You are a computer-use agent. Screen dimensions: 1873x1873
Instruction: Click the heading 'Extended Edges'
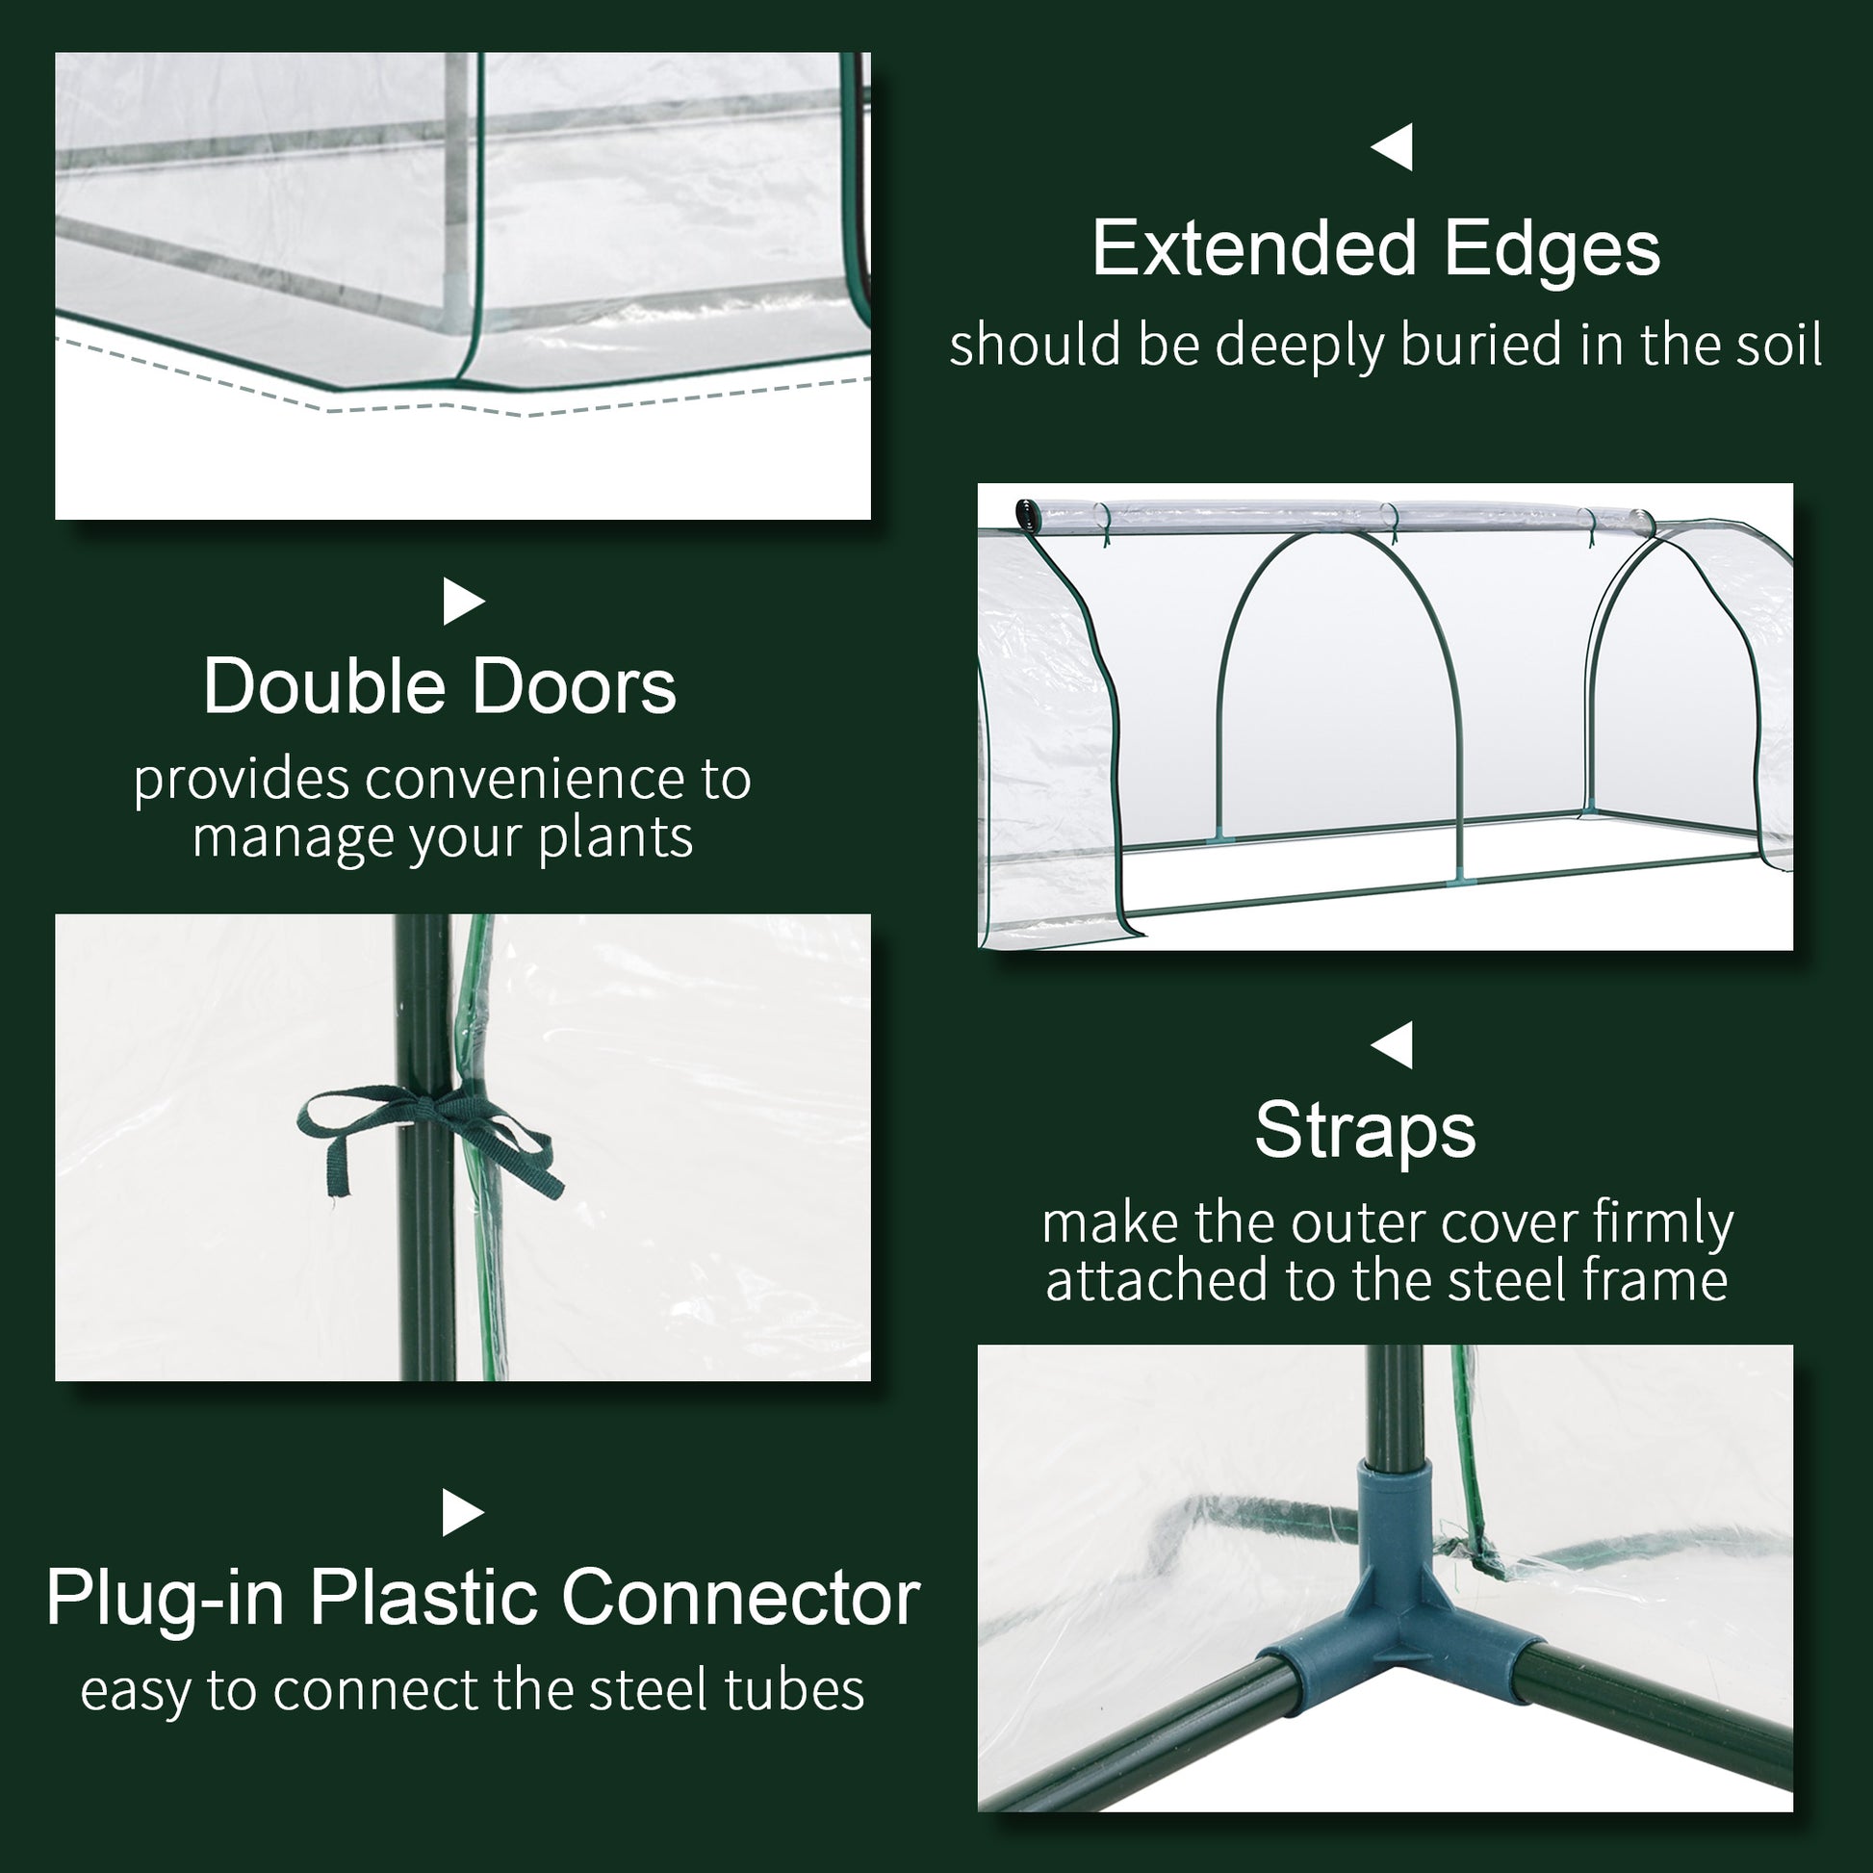point(1375,249)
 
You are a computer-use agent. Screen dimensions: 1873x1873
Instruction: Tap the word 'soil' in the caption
point(1778,345)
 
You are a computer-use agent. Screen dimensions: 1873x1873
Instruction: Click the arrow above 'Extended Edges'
point(1392,147)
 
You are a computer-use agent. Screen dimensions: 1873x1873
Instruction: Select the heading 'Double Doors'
point(439,686)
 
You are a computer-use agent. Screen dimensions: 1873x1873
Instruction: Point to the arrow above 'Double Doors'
point(463,603)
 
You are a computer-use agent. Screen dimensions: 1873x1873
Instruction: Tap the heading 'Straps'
point(1365,1130)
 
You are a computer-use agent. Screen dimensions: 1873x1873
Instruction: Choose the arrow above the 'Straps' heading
point(1392,1045)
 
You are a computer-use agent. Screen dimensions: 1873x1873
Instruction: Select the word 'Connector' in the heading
point(741,1598)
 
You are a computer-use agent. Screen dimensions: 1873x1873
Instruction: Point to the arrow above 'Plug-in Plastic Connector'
point(463,1513)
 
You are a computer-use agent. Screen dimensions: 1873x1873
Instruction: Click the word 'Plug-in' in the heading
point(165,1598)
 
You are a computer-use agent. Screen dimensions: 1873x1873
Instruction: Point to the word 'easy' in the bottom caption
point(137,1692)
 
